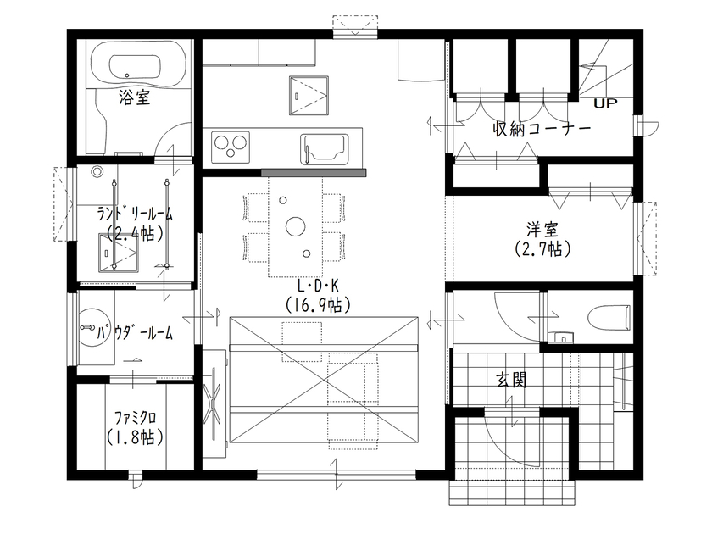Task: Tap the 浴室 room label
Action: point(135,98)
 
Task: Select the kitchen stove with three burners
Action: point(231,145)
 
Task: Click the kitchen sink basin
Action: point(322,149)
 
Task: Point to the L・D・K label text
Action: point(317,286)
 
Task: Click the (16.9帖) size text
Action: point(317,303)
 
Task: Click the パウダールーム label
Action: point(136,333)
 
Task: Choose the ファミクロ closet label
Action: point(136,419)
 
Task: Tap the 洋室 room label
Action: point(542,230)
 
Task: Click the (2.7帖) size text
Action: point(542,249)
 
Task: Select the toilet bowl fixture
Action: point(608,317)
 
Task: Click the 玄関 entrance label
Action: point(510,381)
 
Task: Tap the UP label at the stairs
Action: point(605,104)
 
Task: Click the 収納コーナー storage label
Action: point(542,129)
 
